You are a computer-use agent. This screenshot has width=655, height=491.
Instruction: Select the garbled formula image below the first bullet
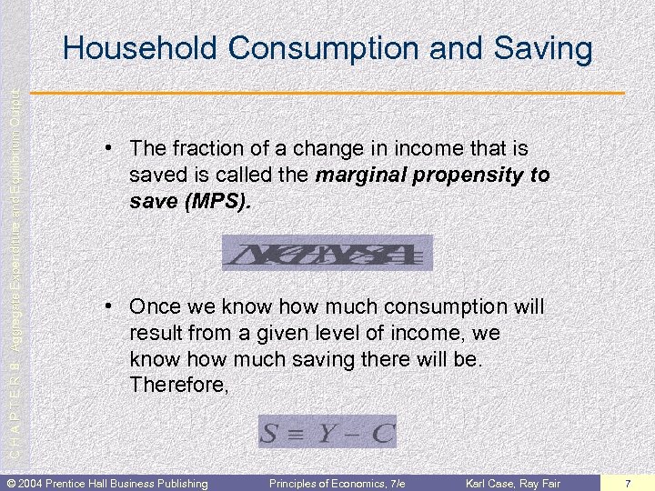327,253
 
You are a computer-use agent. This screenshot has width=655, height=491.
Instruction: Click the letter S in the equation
270,433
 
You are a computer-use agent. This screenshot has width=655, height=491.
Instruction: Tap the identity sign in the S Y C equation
297,434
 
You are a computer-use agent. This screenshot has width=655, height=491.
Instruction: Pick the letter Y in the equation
326,433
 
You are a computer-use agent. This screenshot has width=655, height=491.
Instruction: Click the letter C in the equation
382,433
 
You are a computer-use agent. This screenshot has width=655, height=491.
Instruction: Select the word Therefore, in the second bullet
179,386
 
